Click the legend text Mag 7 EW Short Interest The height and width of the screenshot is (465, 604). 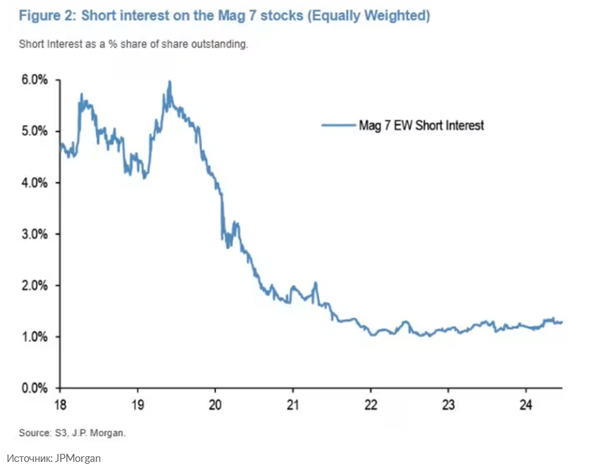point(422,126)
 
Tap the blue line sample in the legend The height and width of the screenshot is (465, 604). point(338,126)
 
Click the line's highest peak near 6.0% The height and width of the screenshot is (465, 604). point(169,82)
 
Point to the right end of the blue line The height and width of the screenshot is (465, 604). point(562,322)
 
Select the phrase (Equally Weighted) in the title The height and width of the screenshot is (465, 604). point(368,16)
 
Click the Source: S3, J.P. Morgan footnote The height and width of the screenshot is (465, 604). point(72,433)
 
